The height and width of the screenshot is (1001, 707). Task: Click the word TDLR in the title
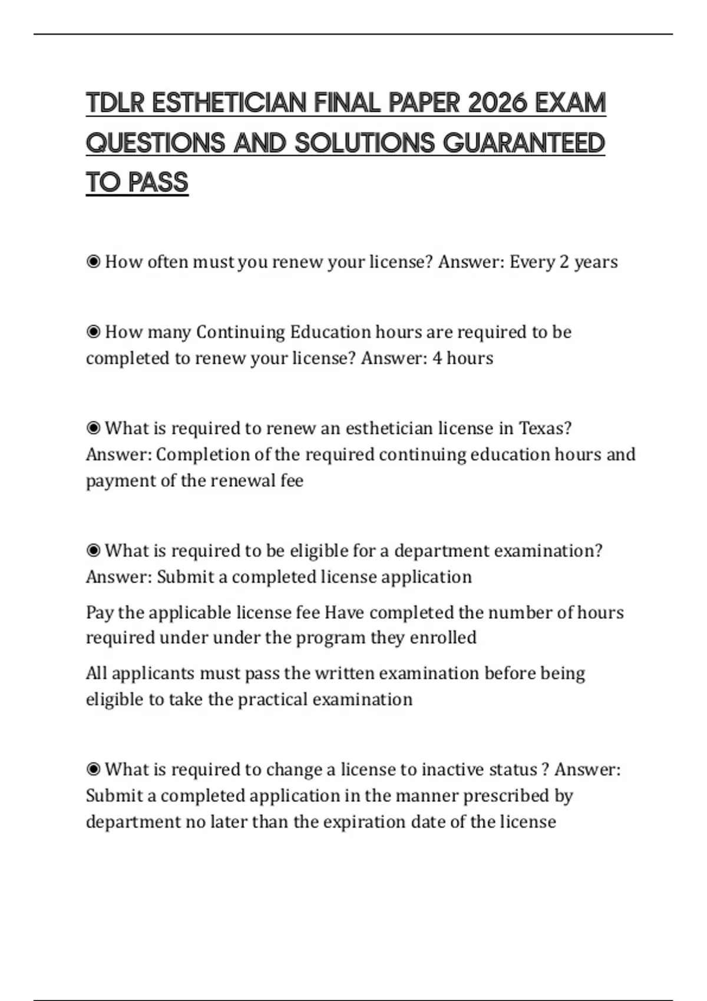pyautogui.click(x=115, y=103)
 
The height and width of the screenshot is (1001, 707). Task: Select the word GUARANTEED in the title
pyautogui.click(x=524, y=143)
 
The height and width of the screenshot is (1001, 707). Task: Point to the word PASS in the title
pyautogui.click(x=158, y=183)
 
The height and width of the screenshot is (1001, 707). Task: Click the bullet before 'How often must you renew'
pyautogui.click(x=93, y=261)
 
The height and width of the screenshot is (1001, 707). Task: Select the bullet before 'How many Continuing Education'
pyautogui.click(x=93, y=332)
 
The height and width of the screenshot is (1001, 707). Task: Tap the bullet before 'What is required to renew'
pyautogui.click(x=93, y=428)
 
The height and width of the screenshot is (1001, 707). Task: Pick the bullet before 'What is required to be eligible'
pyautogui.click(x=93, y=551)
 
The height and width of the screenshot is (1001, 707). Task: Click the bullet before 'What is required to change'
pyautogui.click(x=93, y=770)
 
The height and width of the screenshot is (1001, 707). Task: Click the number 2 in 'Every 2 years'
pyautogui.click(x=564, y=262)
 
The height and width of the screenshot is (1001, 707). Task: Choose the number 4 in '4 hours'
pyautogui.click(x=437, y=358)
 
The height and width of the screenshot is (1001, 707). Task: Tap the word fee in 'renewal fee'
pyautogui.click(x=292, y=480)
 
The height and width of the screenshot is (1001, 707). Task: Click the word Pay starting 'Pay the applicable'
pyautogui.click(x=99, y=613)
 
